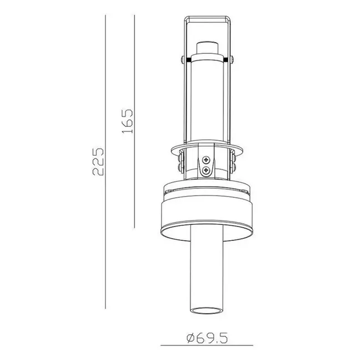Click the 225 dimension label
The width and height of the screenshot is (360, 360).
coord(97,161)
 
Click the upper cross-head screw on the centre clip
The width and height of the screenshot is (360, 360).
coord(207,160)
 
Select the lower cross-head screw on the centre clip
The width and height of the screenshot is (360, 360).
coord(207,171)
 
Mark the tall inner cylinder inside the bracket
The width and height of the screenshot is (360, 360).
coord(206,100)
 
